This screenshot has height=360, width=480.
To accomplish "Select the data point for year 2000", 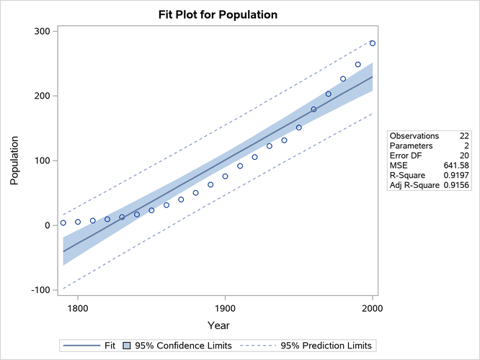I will tap(373, 43).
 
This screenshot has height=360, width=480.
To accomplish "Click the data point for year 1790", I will tap(63, 222).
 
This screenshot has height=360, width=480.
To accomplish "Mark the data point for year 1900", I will tap(225, 176).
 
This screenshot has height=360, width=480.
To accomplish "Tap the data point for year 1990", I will tap(357, 64).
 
